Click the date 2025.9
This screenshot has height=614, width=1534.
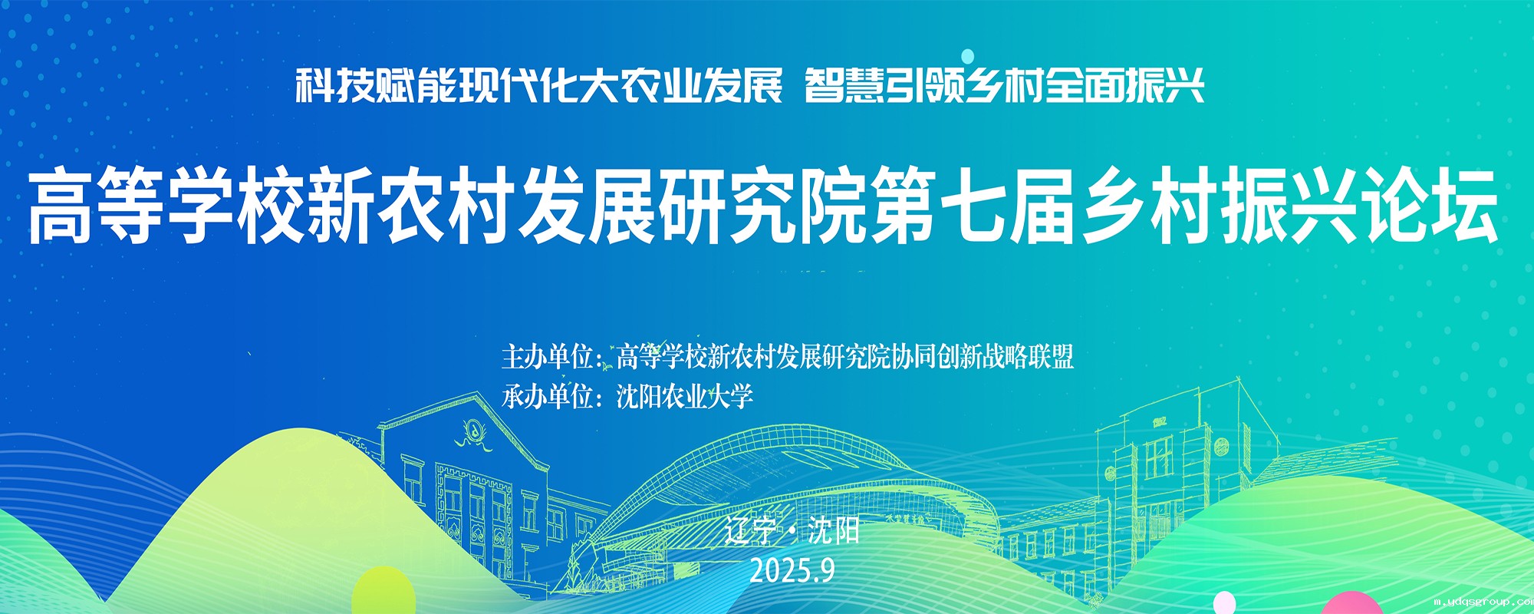(x=792, y=570)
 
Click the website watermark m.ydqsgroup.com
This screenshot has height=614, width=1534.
(x=1483, y=602)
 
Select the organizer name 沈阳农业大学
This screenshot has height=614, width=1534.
(x=685, y=397)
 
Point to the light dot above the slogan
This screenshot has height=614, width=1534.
(x=968, y=55)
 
